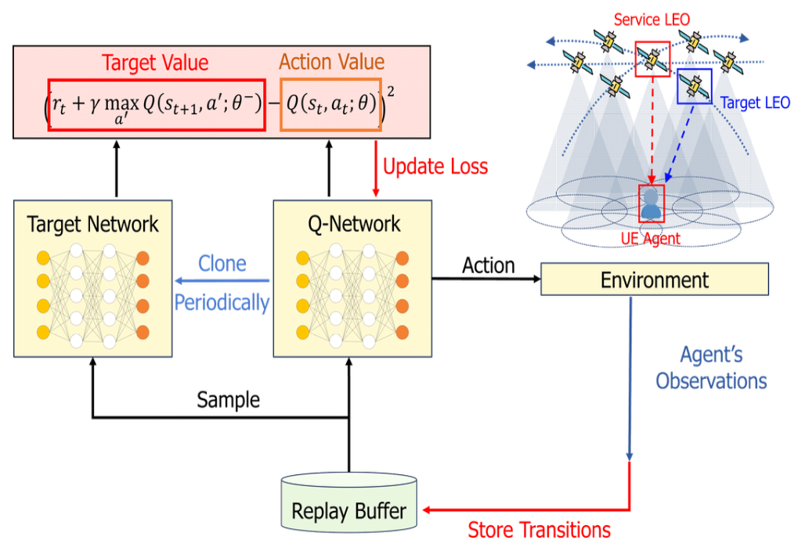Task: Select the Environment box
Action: pyautogui.click(x=654, y=279)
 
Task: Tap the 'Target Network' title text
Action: pyautogui.click(x=92, y=224)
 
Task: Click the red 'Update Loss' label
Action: pyautogui.click(x=435, y=167)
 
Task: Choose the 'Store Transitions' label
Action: pyautogui.click(x=539, y=530)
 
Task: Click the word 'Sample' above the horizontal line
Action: pyautogui.click(x=228, y=400)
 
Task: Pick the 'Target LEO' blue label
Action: pyautogui.click(x=755, y=103)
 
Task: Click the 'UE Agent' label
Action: pyautogui.click(x=651, y=238)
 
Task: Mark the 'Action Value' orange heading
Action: pyautogui.click(x=331, y=62)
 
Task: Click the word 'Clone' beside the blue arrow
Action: pyautogui.click(x=222, y=264)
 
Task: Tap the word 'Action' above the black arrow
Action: pyautogui.click(x=489, y=266)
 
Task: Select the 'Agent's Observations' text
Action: pyautogui.click(x=711, y=369)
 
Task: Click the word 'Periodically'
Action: pyautogui.click(x=222, y=302)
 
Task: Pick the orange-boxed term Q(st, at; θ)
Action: pyautogui.click(x=331, y=103)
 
